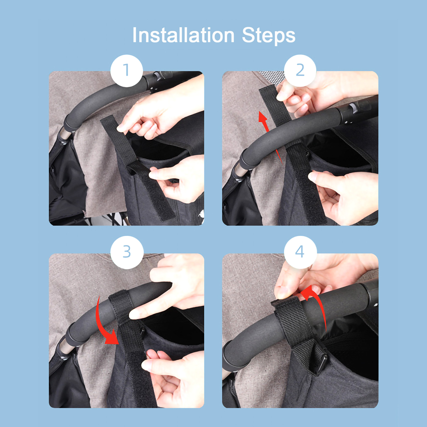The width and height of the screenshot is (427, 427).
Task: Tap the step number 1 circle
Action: coord(127,71)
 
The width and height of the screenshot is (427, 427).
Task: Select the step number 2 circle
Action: coord(300,71)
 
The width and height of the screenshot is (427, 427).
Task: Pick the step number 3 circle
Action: coord(127,252)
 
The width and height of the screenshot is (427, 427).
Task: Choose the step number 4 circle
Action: coord(300,252)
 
